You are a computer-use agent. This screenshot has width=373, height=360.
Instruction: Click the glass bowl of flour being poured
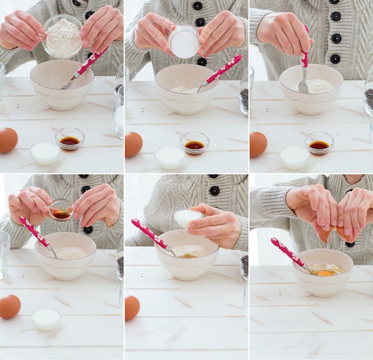(62, 37)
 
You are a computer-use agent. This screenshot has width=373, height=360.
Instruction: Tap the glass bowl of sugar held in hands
(184, 42)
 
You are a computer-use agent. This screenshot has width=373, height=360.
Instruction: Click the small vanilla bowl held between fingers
(60, 210)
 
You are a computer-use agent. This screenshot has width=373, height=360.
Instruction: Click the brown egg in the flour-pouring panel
(8, 141)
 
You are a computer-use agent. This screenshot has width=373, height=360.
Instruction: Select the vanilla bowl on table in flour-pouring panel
(70, 139)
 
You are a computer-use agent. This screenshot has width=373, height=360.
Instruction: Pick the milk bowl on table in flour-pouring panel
(45, 152)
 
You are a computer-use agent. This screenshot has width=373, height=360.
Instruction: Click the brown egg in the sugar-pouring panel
(133, 145)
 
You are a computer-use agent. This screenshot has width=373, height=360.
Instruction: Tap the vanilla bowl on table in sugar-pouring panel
(195, 142)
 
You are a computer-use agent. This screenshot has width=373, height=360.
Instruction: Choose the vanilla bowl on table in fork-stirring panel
(319, 143)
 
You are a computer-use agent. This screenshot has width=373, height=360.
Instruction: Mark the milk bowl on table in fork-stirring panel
(294, 156)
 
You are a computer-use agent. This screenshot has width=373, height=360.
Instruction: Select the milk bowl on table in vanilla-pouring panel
(46, 318)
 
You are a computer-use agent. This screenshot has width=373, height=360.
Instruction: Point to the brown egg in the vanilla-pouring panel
(9, 306)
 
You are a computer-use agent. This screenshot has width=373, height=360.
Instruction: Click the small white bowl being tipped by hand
(187, 218)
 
